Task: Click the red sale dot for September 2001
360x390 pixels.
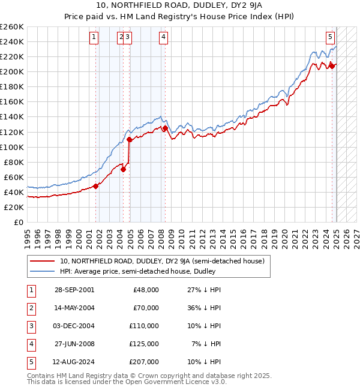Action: click(x=96, y=186)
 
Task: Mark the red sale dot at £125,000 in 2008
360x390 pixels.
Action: click(x=164, y=128)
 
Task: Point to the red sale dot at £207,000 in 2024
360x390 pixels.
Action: click(x=332, y=66)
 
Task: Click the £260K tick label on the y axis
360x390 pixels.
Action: click(x=11, y=27)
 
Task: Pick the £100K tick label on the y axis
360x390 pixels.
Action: click(x=11, y=147)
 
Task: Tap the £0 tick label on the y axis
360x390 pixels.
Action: click(x=18, y=223)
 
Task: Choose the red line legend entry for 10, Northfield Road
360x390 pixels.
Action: click(x=162, y=261)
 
